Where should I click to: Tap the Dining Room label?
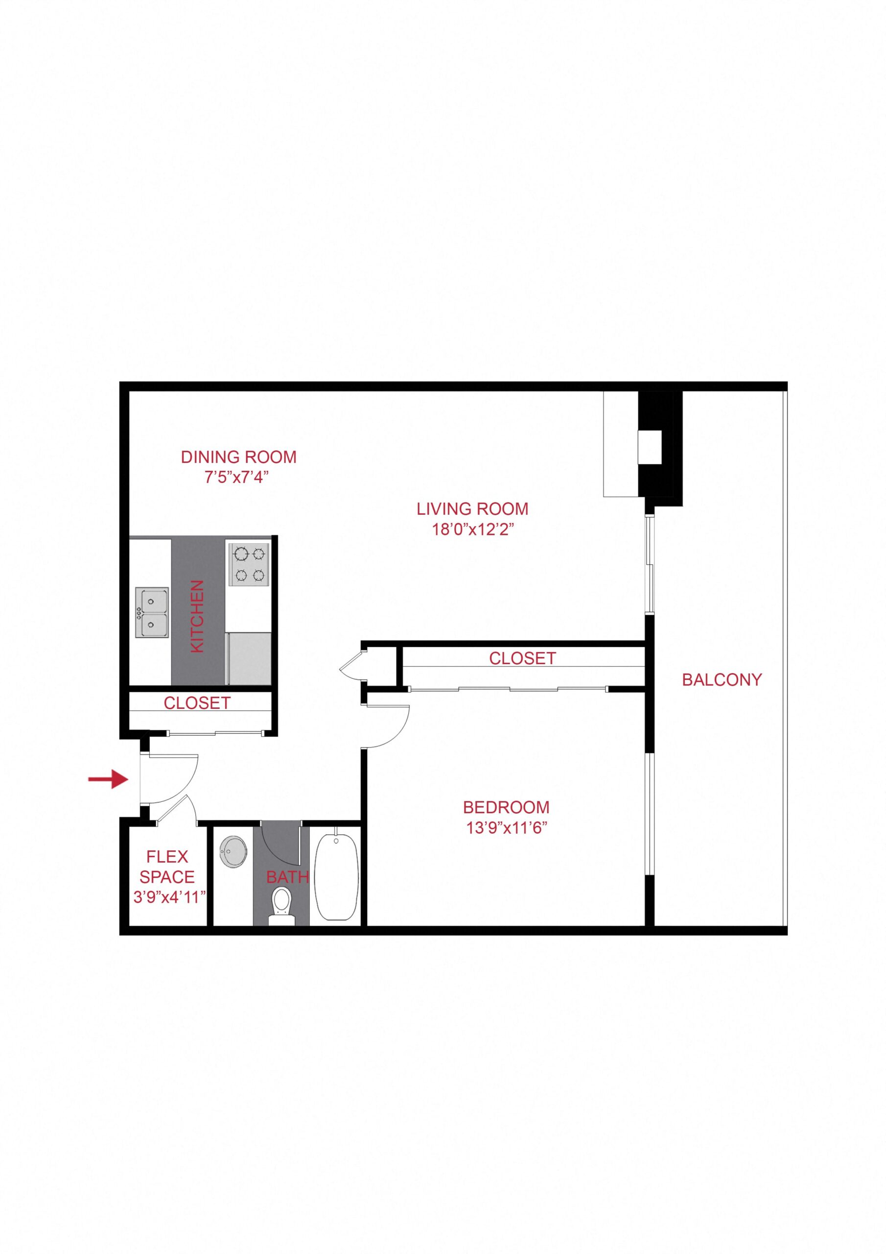pyautogui.click(x=238, y=457)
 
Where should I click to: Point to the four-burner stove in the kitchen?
pyautogui.click(x=248, y=565)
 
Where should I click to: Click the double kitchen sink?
pyautogui.click(x=151, y=612)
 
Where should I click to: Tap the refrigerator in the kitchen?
pyautogui.click(x=249, y=658)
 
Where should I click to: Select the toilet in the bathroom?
pyautogui.click(x=281, y=907)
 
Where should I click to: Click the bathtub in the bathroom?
pyautogui.click(x=336, y=875)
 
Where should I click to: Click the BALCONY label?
pyautogui.click(x=722, y=679)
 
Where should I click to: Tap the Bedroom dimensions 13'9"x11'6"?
pyautogui.click(x=507, y=828)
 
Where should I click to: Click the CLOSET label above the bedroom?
pyautogui.click(x=522, y=658)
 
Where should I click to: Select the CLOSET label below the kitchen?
pyautogui.click(x=197, y=703)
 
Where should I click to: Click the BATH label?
pyautogui.click(x=287, y=877)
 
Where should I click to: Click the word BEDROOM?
pyautogui.click(x=506, y=807)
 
